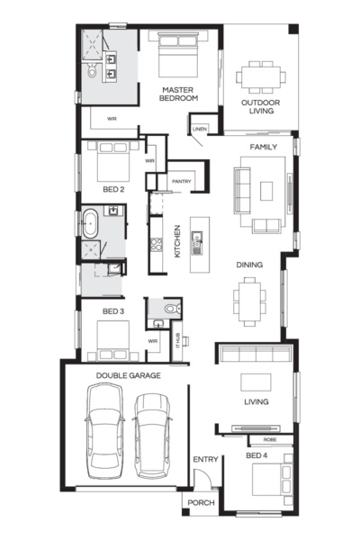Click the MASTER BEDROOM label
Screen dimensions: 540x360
coord(179,94)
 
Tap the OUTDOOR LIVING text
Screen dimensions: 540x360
coord(259,108)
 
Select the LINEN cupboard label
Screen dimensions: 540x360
coord(200,130)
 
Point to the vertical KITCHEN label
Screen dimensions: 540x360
coord(177,241)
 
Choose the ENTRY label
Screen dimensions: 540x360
coord(205,460)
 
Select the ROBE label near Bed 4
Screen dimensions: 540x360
coord(269,441)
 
